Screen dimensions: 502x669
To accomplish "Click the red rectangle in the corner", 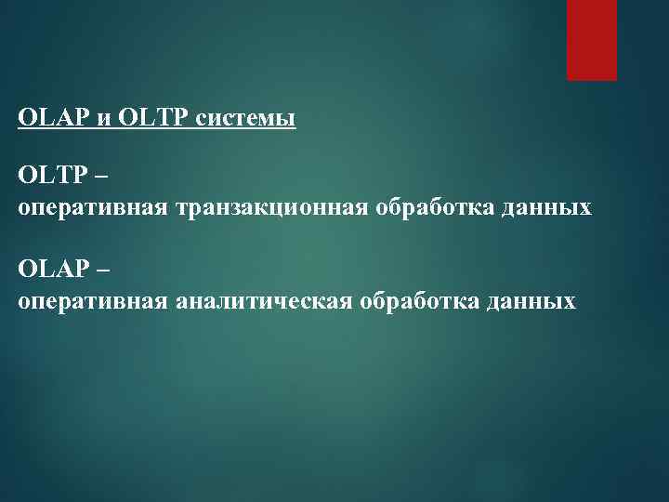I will pos(592,40).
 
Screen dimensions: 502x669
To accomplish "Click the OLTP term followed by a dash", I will pos(48,175).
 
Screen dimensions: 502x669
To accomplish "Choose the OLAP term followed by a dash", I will pos(48,270).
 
